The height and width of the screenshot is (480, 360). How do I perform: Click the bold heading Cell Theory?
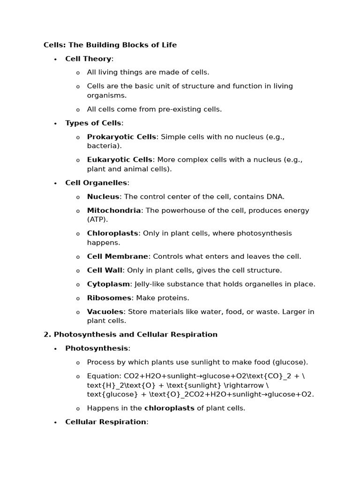[88, 59]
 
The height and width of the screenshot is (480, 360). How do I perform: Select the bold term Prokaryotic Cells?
[121, 137]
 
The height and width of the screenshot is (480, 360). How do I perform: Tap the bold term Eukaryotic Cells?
[120, 160]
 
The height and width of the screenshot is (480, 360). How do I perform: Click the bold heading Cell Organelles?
[96, 183]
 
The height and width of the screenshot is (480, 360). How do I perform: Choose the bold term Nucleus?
[103, 197]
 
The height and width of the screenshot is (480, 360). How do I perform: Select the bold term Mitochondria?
[114, 210]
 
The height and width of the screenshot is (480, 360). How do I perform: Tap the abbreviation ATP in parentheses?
[97, 219]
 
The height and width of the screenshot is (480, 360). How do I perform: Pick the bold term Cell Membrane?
[118, 256]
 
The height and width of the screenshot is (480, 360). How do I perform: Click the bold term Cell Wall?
[105, 270]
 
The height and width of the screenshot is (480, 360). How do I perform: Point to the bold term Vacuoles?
[105, 312]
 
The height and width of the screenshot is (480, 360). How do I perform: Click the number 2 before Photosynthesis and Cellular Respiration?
[46, 335]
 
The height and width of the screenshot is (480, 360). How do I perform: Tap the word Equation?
[103, 376]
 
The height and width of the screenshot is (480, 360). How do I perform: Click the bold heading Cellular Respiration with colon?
[106, 422]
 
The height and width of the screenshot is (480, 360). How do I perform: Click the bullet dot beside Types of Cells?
[55, 123]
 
